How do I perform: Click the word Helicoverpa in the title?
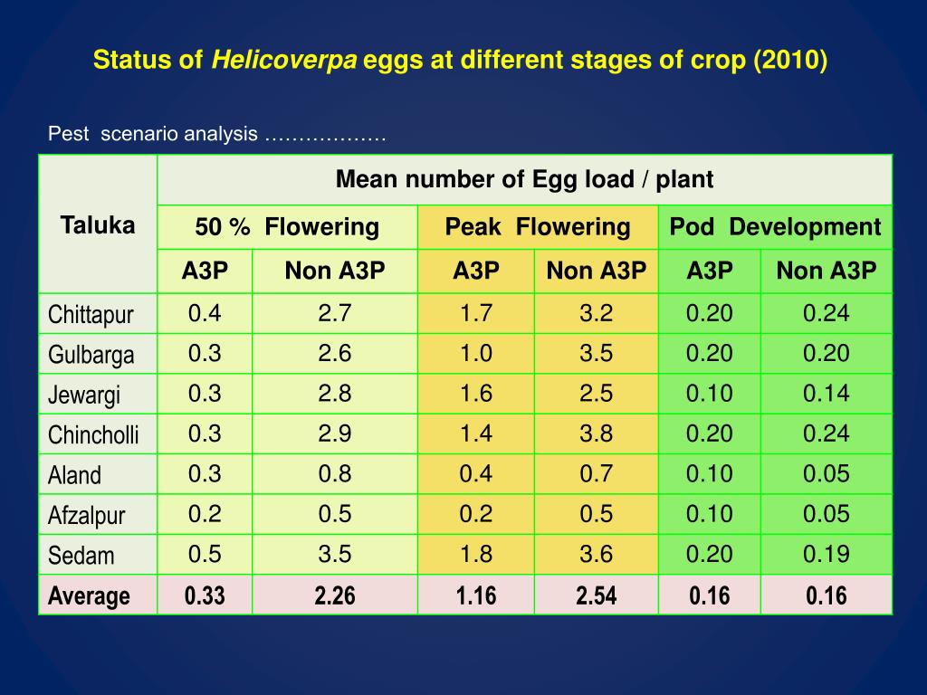[285, 62]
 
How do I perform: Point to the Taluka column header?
[98, 225]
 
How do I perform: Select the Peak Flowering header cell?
[538, 226]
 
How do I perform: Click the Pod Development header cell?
[775, 226]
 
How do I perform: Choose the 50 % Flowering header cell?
[287, 226]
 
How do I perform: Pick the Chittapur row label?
[91, 315]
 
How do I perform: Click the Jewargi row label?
[84, 395]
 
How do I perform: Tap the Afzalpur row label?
[87, 516]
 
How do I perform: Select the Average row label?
[89, 596]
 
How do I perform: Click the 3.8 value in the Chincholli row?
[597, 433]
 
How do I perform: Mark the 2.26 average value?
[335, 595]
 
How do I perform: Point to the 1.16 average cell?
[476, 595]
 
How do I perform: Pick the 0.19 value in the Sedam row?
[827, 554]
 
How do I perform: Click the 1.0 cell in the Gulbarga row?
[476, 353]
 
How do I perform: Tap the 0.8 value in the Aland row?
[335, 473]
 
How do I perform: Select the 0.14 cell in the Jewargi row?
[827, 394]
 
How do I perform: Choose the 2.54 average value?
[597, 595]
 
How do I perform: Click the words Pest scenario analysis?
[152, 135]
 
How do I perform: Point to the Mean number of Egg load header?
[524, 179]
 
